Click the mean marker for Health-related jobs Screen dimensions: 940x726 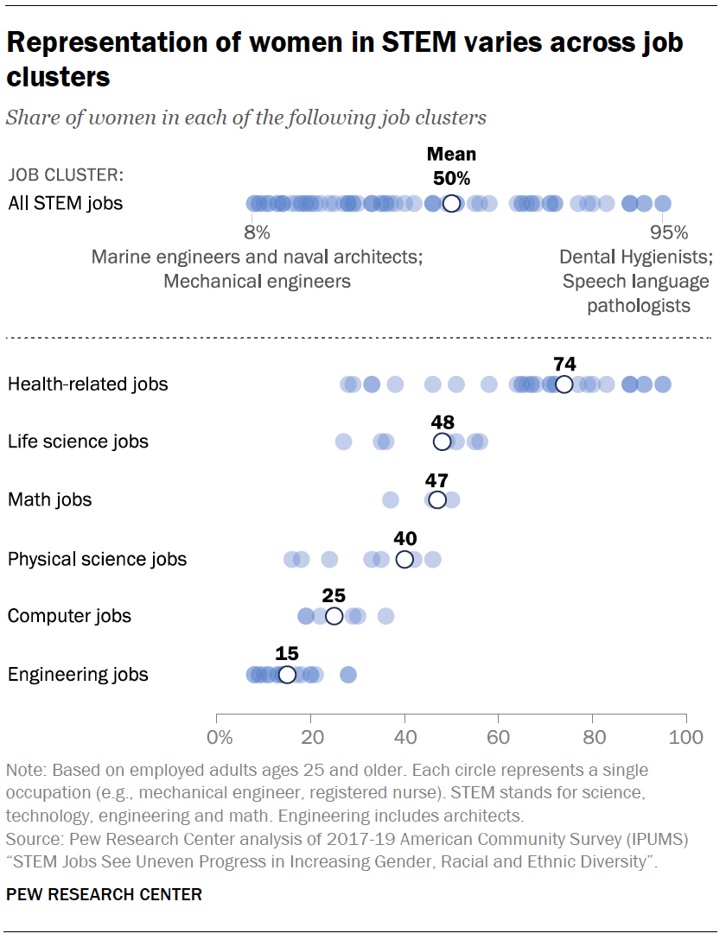[x=564, y=384]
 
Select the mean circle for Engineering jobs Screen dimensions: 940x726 [x=287, y=675]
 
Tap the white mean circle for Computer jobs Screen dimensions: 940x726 [x=334, y=616]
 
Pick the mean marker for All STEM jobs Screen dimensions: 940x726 [x=451, y=204]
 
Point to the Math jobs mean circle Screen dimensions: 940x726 [x=437, y=500]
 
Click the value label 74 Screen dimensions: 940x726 [x=564, y=363]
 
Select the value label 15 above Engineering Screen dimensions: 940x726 [x=287, y=653]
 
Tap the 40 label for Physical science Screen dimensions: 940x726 [x=404, y=537]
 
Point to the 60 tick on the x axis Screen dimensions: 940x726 [x=498, y=739]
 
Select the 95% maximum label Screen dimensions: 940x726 [x=669, y=232]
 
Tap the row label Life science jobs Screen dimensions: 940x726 [x=78, y=441]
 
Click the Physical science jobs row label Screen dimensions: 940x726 [x=97, y=559]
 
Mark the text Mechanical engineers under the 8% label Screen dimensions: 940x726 [x=257, y=281]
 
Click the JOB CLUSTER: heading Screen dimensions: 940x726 [x=66, y=175]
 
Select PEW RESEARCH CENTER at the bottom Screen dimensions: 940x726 [x=105, y=894]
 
